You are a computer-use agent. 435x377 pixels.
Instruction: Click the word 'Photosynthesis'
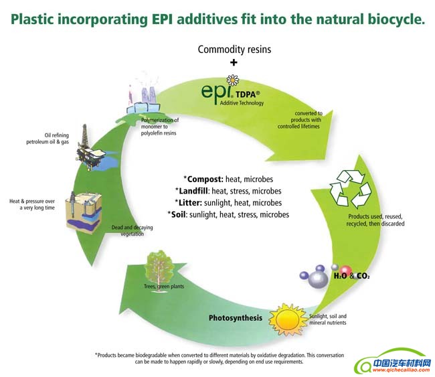[x=235, y=317]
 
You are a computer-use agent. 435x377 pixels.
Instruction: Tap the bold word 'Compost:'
[x=208, y=179]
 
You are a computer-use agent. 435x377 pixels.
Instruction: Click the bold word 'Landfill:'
[x=204, y=191]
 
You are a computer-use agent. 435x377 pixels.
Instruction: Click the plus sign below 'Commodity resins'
[x=234, y=62]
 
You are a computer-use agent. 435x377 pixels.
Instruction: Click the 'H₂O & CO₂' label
[x=352, y=275]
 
